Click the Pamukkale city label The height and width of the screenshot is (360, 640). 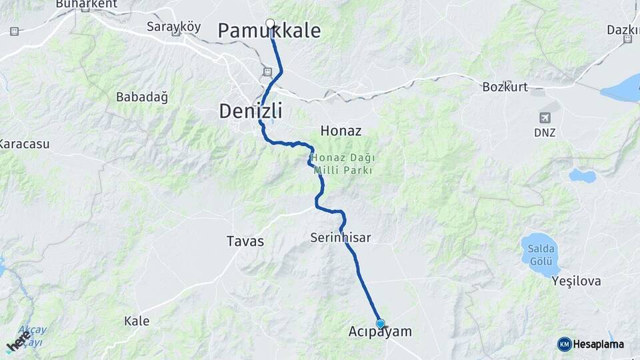(269, 31)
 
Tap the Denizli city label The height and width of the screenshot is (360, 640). (250, 111)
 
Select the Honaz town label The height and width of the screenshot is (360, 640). (341, 131)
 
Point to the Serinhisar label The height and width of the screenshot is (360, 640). (340, 237)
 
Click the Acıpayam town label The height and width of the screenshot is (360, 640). (380, 332)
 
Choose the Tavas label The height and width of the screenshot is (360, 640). (245, 241)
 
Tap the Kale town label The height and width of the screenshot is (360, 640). (137, 321)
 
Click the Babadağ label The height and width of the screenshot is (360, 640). (142, 97)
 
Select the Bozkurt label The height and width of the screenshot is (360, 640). (505, 87)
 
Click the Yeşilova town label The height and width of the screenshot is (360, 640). (576, 281)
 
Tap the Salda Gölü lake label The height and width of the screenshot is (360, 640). (540, 253)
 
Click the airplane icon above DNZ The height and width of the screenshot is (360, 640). (545, 117)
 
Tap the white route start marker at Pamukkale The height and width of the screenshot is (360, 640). (270, 24)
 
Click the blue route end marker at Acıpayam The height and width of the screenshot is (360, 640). (380, 324)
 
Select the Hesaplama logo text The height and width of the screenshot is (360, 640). (597, 344)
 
